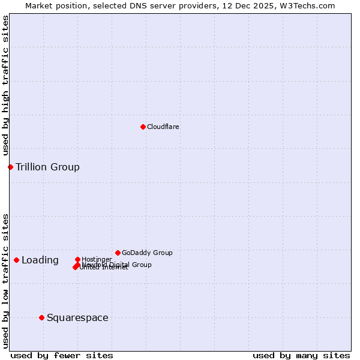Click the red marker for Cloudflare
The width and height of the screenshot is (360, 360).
143,127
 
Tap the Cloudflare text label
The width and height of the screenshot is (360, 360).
163,127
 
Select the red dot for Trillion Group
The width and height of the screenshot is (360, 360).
10,167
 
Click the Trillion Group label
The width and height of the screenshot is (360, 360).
47,167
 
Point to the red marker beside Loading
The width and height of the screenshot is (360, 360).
16,260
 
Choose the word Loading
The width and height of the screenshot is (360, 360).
40,260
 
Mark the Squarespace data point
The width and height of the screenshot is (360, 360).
41,317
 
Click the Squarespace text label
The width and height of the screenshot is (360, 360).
77,317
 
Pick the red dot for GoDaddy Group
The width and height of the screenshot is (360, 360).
118,253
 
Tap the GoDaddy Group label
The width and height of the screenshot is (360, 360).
147,253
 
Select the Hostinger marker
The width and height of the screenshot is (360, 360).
77,259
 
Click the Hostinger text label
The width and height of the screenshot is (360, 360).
97,259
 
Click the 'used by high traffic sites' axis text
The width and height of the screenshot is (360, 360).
5,85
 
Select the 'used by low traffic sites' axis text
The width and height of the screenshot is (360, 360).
5,280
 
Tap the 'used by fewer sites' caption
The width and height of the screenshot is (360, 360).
62,355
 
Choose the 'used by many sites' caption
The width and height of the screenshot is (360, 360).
301,355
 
